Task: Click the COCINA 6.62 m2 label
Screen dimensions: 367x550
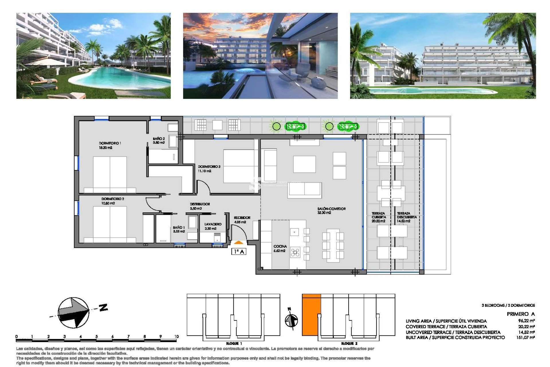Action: click(280, 248)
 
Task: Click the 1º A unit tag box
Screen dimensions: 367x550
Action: click(239, 251)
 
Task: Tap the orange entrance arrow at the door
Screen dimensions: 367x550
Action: click(239, 243)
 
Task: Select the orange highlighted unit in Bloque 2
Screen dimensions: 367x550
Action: click(311, 315)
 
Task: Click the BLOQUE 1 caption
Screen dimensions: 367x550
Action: click(234, 343)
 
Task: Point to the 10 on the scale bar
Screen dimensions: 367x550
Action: click(176, 336)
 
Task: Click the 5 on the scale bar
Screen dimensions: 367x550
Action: click(97, 336)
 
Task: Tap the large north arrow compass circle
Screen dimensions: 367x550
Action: click(73, 313)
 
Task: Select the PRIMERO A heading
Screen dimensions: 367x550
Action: click(520, 314)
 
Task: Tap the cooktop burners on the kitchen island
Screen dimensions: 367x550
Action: click(295, 252)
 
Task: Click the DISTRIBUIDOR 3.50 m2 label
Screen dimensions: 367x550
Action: click(200, 206)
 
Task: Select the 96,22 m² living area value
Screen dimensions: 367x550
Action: click(526, 321)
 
